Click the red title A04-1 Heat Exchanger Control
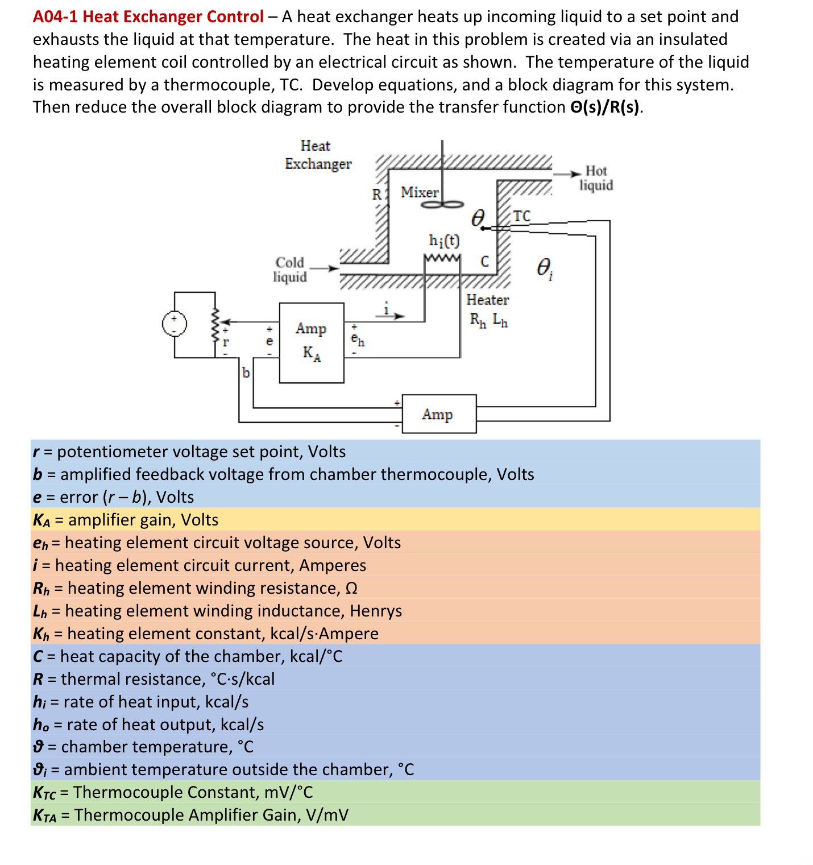click(148, 16)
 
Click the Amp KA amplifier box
click(311, 342)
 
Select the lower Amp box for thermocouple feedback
click(438, 414)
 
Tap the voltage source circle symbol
click(174, 324)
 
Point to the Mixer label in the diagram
click(419, 192)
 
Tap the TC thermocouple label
click(521, 216)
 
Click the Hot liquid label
click(596, 178)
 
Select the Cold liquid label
click(290, 270)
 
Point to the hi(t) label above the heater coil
click(444, 241)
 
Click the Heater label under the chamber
click(487, 300)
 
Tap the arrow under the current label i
click(392, 316)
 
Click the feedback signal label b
click(246, 373)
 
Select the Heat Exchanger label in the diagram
click(317, 155)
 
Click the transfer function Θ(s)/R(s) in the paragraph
click(605, 107)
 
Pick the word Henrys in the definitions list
click(376, 611)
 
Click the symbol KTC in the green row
click(44, 793)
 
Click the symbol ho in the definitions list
click(41, 725)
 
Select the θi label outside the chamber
click(544, 268)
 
